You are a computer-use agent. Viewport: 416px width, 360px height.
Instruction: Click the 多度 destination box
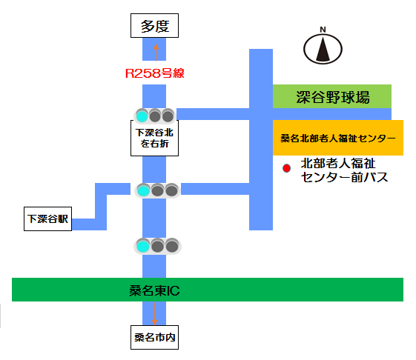154,25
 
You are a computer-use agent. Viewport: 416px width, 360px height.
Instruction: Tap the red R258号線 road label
155,73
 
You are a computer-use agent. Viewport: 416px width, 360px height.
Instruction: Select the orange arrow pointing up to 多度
156,53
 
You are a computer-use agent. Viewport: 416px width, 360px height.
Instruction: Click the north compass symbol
323,50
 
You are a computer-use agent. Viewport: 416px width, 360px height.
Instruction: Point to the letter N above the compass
323,30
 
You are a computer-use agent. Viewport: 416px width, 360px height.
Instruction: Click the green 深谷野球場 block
332,96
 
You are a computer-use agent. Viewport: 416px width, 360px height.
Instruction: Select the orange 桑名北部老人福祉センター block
338,138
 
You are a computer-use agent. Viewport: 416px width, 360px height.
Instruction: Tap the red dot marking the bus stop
286,168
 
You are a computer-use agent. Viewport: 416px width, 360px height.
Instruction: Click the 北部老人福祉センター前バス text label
344,170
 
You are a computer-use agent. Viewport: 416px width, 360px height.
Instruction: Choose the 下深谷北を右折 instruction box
154,138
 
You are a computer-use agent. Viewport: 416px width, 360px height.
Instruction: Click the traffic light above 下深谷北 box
155,116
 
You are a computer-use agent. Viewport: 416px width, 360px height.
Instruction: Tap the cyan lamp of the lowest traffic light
143,246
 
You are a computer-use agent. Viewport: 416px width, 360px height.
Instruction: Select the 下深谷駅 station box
47,219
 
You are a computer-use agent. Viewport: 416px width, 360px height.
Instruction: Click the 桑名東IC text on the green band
154,290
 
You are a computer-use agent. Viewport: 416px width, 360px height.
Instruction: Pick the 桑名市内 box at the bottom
154,337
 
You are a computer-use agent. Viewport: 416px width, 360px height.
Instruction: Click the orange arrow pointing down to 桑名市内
154,313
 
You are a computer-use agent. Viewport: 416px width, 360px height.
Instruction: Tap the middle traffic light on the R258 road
157,190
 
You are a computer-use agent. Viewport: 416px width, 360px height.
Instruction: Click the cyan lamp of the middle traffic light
144,190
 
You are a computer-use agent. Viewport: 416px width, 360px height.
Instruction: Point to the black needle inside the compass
323,49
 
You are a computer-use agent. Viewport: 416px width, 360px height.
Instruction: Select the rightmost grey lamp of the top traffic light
168,116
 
